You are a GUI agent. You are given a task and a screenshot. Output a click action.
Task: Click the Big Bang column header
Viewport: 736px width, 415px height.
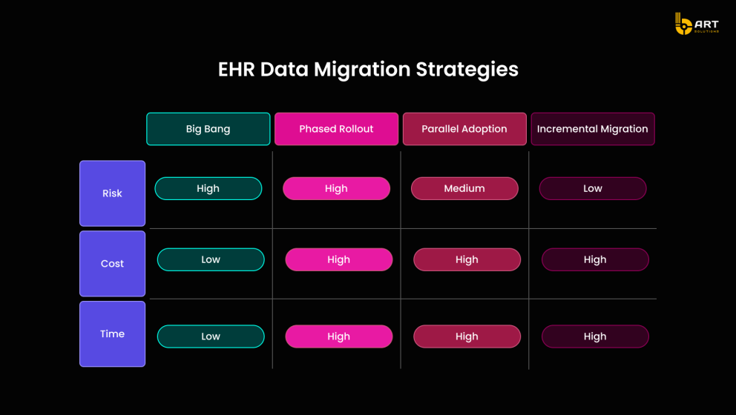coord(208,129)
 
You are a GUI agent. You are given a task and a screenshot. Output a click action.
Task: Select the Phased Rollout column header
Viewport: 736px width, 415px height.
coord(336,129)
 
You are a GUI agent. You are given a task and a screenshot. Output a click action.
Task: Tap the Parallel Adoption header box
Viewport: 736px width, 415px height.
coord(464,129)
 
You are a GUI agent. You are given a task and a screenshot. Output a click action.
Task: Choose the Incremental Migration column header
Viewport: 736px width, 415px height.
coord(593,129)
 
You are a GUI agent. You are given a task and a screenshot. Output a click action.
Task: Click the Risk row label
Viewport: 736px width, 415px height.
coord(112,193)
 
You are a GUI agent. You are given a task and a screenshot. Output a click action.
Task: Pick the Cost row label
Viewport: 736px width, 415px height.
coord(112,264)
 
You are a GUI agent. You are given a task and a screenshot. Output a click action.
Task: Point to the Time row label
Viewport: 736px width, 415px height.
coord(112,334)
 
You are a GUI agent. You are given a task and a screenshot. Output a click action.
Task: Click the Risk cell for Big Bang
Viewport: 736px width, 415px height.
coord(208,188)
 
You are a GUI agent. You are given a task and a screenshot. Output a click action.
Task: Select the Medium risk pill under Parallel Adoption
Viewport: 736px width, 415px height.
coord(464,188)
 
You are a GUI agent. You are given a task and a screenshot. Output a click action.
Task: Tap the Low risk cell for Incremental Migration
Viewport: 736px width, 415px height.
coord(593,188)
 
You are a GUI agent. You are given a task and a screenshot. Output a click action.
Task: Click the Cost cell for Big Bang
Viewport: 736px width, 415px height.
coord(211,259)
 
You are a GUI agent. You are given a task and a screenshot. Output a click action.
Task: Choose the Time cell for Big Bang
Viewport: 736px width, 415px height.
coord(211,336)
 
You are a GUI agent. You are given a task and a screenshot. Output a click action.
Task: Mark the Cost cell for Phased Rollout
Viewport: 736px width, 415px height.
coord(338,259)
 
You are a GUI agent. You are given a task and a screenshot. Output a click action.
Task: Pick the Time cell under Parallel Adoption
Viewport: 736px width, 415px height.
coord(467,336)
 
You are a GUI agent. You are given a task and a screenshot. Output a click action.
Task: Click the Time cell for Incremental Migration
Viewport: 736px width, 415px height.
coord(595,336)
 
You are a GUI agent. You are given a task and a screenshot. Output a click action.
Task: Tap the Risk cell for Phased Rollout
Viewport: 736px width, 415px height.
coord(336,188)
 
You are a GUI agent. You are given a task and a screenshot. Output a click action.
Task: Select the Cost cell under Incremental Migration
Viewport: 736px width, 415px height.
coord(595,259)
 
